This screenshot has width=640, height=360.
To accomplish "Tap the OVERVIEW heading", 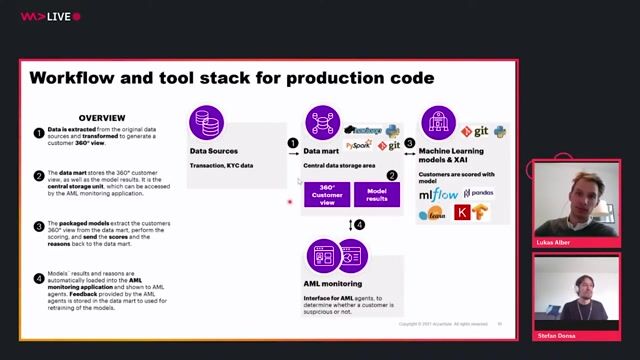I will [102, 118].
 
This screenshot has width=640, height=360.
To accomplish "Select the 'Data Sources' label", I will [215, 151].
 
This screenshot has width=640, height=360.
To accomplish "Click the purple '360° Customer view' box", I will [326, 194].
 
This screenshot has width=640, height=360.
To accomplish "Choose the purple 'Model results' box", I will [376, 194].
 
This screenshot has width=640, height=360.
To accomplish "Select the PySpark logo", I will [359, 145].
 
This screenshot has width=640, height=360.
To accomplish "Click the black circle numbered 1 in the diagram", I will [293, 143].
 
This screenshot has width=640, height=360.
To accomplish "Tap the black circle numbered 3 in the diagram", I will [409, 143].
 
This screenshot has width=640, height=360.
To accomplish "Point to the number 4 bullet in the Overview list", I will [38, 277].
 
